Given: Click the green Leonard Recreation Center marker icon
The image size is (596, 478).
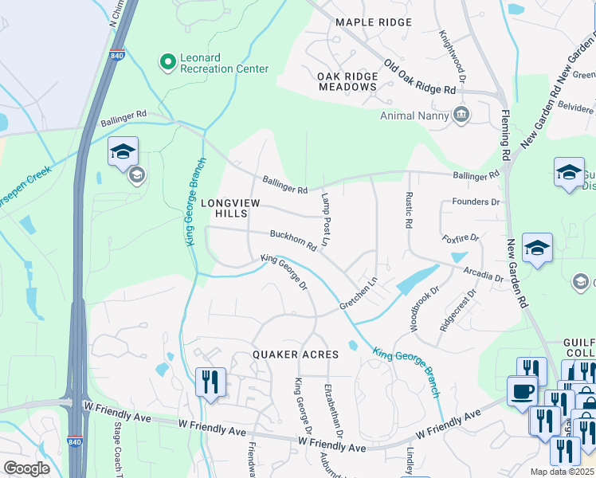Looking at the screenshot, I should (167, 62).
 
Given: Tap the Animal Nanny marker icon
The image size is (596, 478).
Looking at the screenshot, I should (461, 116).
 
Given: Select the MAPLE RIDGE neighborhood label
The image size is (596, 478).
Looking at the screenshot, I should (374, 23).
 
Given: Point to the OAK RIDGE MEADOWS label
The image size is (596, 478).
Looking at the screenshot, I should (347, 81).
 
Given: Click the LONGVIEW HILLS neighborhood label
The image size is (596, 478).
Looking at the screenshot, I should (229, 210).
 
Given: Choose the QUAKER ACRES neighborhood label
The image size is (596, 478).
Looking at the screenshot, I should (296, 354).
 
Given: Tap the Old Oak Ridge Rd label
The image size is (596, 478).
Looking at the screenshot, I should (425, 77).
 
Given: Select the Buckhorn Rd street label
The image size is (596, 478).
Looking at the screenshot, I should (293, 241).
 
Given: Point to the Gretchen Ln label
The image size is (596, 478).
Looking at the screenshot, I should (359, 295).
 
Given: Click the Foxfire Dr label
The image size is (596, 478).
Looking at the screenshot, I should (461, 237).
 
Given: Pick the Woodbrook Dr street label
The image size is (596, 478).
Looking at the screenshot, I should (423, 309).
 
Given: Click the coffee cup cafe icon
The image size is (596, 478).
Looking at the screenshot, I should (523, 391).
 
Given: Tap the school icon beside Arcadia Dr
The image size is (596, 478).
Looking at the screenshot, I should (537, 248).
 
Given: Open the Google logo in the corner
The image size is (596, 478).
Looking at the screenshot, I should (26, 468).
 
